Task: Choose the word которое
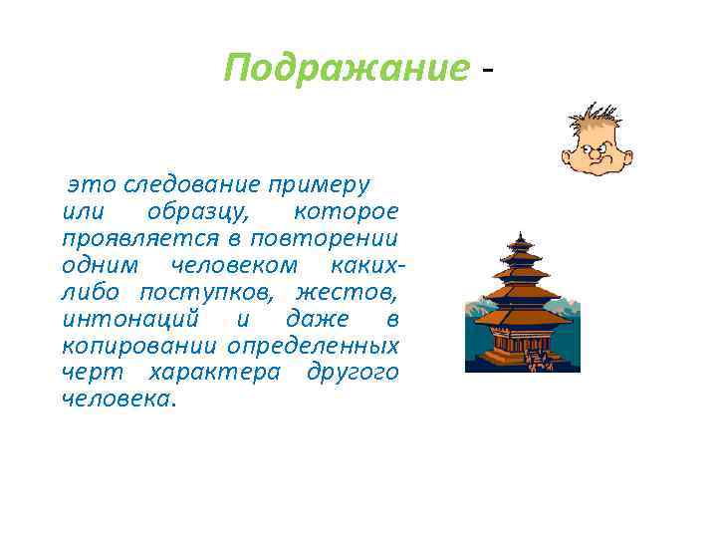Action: pos(346,211)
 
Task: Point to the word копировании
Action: pos(139,346)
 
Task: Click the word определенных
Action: pos(313,346)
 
